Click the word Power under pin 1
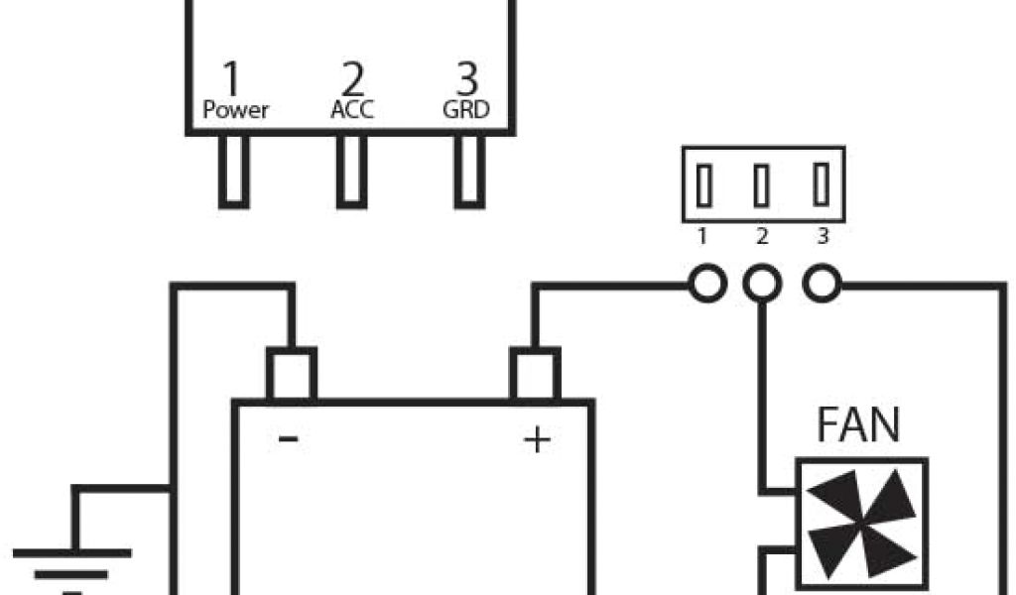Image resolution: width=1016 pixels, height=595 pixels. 236,110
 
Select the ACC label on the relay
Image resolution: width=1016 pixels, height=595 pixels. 352,110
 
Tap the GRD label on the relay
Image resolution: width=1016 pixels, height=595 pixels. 465,110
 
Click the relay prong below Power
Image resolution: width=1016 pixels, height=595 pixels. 234,171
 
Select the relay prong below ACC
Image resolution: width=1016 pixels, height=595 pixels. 352,171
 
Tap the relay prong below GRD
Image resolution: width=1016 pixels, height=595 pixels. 470,171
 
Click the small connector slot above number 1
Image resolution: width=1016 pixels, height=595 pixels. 703,185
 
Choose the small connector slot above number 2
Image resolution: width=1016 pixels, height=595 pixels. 762,185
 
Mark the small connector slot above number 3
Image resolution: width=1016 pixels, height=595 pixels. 821,185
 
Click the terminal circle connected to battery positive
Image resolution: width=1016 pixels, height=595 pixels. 707,286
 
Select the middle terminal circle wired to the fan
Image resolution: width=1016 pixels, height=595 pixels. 762,286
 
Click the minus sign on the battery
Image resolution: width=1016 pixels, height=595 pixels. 289,437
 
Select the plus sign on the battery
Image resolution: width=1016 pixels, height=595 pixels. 537,439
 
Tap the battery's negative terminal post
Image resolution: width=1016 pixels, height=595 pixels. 292,374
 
